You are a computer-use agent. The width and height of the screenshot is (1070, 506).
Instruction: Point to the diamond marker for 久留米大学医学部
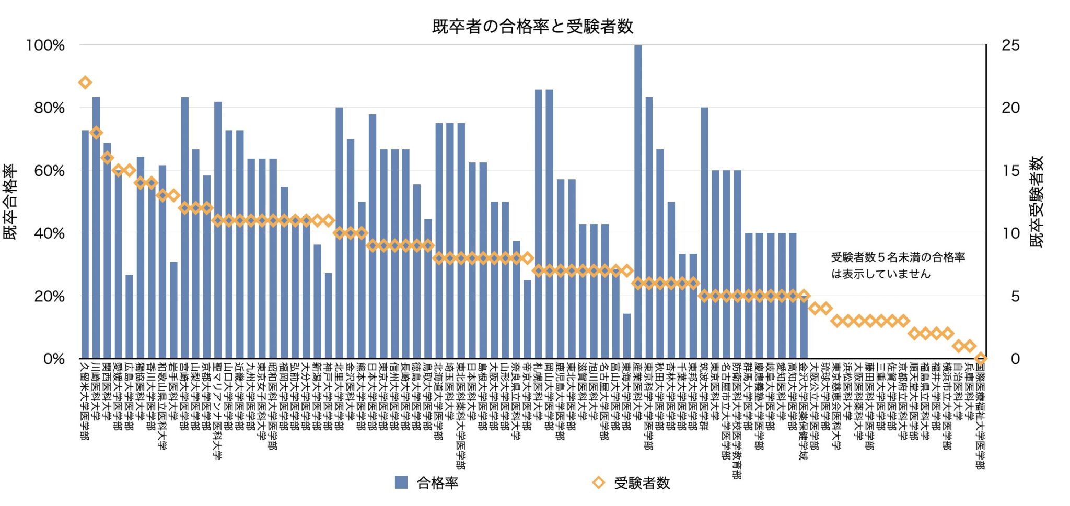85,82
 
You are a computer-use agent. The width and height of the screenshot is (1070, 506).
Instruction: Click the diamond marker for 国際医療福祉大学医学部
981,358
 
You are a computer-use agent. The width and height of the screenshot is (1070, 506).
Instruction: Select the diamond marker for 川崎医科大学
96,133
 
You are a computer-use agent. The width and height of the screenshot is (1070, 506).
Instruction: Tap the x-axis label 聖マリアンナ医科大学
217,410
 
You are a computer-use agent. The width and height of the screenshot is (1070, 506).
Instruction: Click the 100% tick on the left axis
45,45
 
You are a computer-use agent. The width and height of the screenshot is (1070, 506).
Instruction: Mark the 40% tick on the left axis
49,233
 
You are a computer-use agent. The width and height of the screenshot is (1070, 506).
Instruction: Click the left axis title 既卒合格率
10,202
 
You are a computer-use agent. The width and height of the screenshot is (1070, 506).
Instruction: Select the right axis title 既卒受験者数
1036,202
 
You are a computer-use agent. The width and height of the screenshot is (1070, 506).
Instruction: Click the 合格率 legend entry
427,483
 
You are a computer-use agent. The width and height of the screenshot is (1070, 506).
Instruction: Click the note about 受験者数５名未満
898,265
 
